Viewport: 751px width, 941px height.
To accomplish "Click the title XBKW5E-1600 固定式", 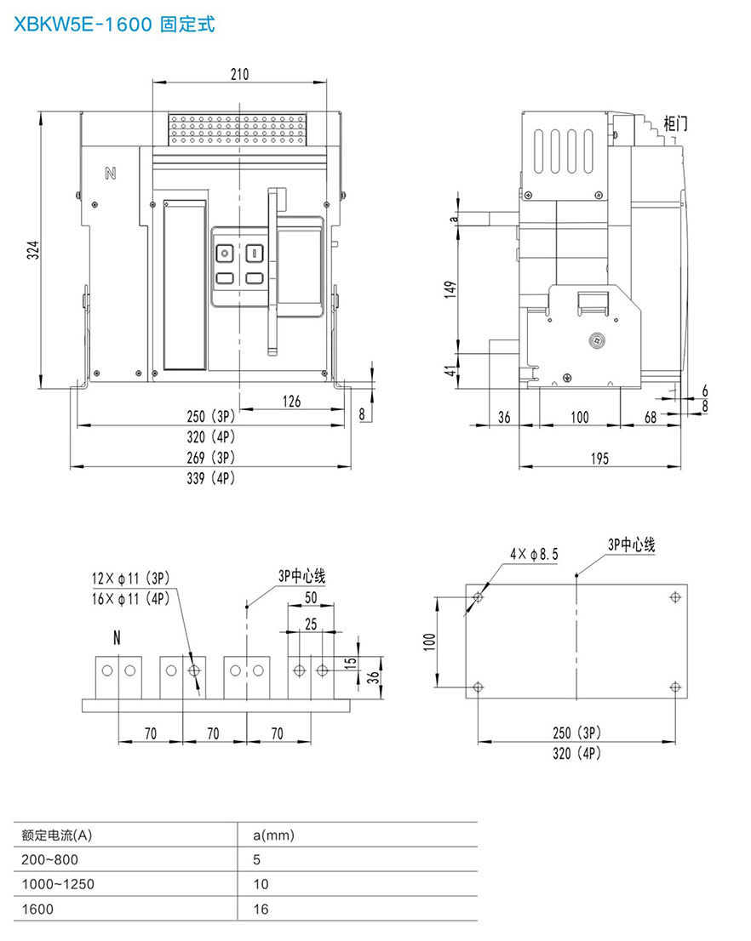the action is pos(114,24).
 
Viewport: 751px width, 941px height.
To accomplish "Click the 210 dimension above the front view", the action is pos(240,74).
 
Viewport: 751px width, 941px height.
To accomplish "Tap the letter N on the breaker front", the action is pos(111,174).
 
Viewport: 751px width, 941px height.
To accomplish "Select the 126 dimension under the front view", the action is pos(291,401).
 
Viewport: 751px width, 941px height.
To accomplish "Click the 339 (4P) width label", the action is pos(211,478).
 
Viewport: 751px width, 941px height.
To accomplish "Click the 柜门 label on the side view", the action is pos(675,123).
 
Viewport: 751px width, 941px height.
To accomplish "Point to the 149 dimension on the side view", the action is pos(450,289).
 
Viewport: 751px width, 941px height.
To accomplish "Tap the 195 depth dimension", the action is pos(599,459).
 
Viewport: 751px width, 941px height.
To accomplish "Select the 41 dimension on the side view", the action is pos(450,370).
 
